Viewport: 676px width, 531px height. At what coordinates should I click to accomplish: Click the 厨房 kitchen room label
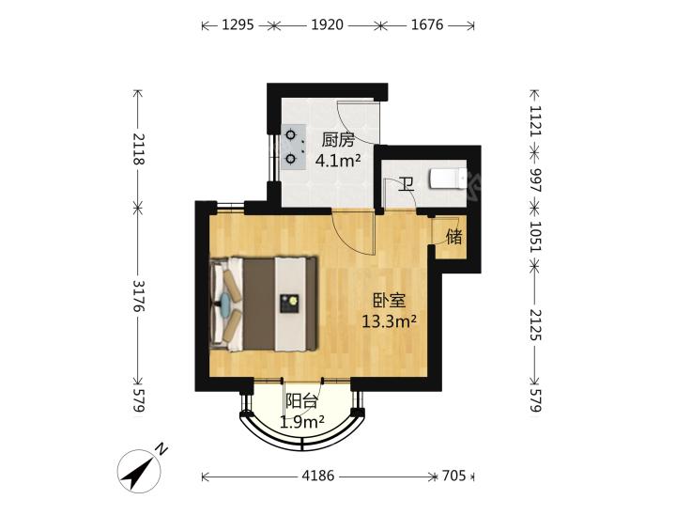click(338, 141)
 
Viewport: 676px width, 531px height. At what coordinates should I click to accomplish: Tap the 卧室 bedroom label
click(389, 301)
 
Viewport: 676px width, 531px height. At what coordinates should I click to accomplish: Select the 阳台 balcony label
click(301, 401)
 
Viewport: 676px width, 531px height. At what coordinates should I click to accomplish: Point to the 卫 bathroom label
click(407, 184)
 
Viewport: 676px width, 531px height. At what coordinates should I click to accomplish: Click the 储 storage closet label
click(454, 237)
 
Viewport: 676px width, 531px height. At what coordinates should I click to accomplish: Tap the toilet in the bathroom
click(448, 179)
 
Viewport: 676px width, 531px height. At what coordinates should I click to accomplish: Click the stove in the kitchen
click(293, 148)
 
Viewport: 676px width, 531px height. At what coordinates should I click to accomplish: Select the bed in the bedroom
click(264, 305)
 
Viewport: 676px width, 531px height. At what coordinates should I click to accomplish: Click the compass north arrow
click(139, 471)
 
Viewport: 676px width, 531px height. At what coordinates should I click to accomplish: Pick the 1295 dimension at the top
click(238, 25)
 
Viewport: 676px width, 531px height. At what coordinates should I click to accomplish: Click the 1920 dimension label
click(328, 25)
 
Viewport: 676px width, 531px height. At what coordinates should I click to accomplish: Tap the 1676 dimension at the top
click(427, 25)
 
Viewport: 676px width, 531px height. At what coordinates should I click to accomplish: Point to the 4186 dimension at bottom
click(318, 476)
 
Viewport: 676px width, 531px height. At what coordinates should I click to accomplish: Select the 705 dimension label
click(454, 476)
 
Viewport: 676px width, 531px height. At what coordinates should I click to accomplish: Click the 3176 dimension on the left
click(138, 296)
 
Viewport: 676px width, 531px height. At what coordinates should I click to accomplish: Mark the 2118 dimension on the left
click(138, 149)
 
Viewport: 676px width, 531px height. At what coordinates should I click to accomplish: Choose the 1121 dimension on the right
click(534, 120)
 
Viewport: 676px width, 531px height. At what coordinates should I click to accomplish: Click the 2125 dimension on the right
click(534, 324)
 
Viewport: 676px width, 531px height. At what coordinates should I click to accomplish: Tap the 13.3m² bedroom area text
click(389, 321)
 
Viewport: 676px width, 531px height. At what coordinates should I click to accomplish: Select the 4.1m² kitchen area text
click(338, 161)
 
